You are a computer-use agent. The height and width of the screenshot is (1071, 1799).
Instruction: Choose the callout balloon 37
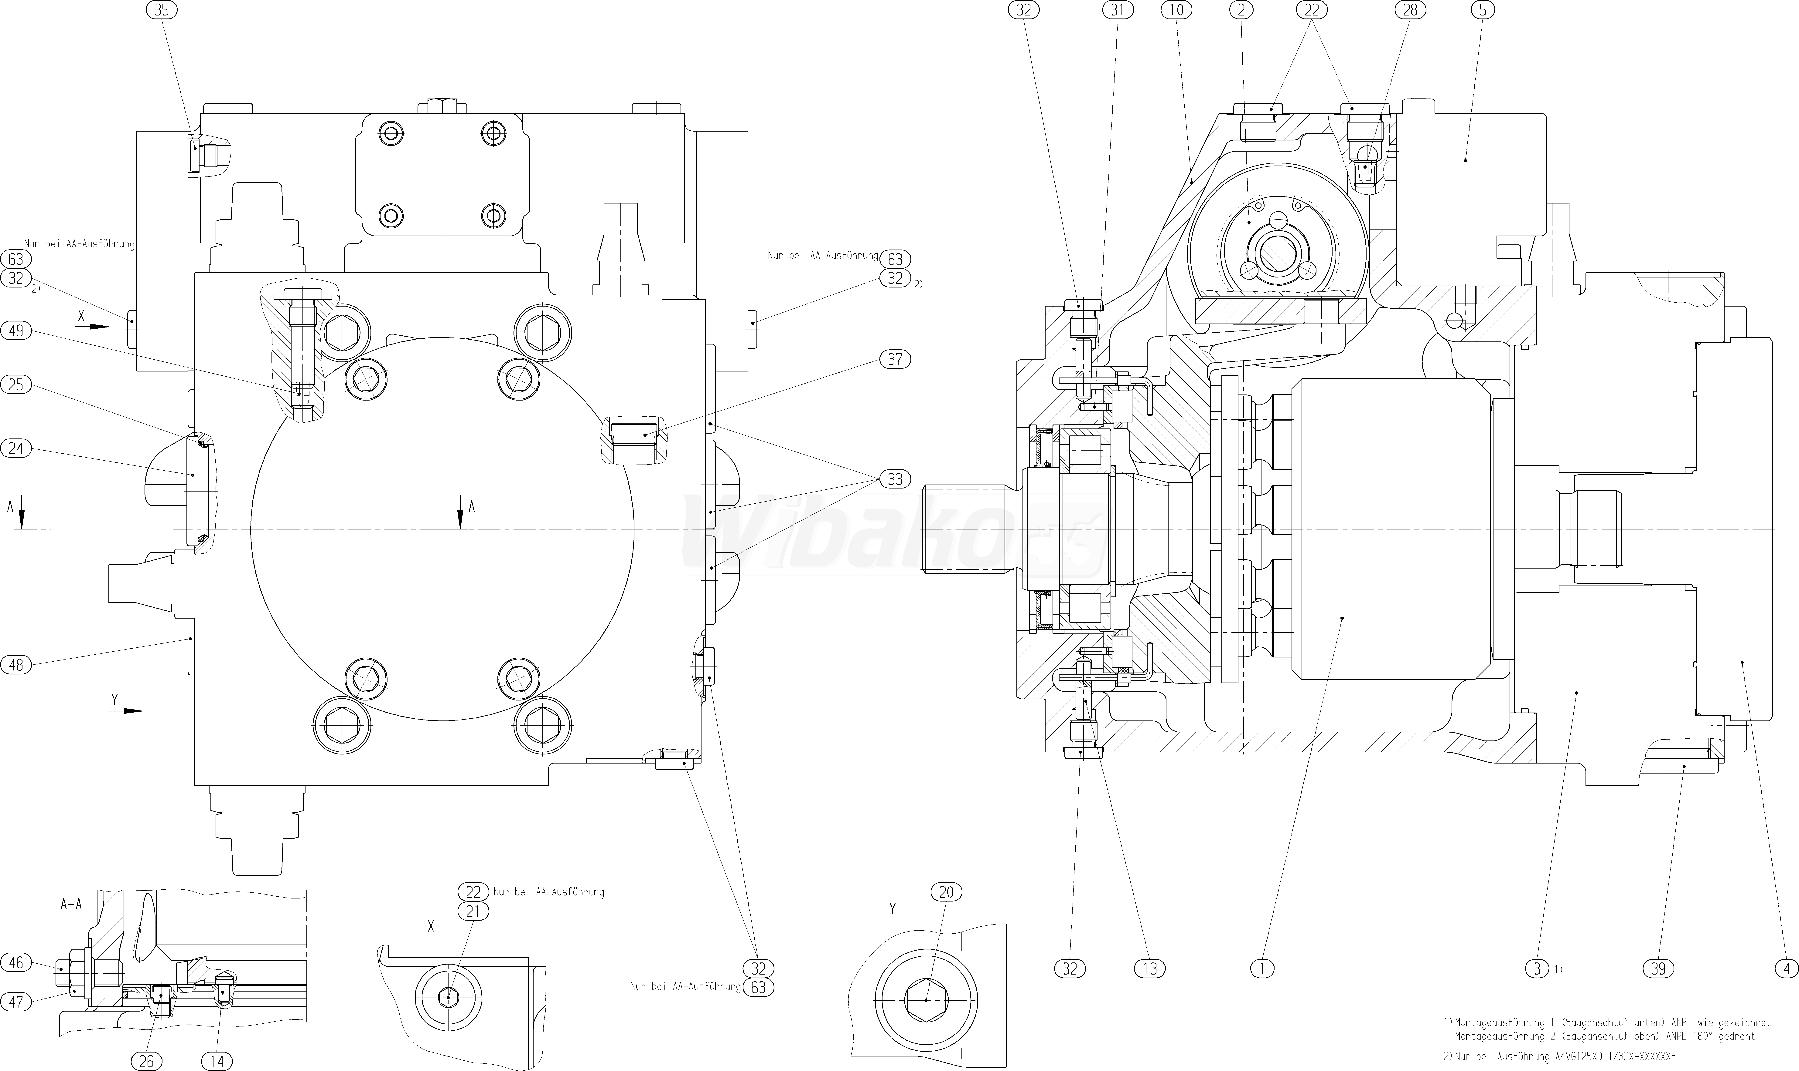coord(896,359)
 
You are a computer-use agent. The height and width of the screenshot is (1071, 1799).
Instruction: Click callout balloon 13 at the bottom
coord(1150,969)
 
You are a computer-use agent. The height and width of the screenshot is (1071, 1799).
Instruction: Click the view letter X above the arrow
coord(81,315)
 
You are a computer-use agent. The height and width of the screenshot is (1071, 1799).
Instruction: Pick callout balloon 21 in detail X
coord(473,912)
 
